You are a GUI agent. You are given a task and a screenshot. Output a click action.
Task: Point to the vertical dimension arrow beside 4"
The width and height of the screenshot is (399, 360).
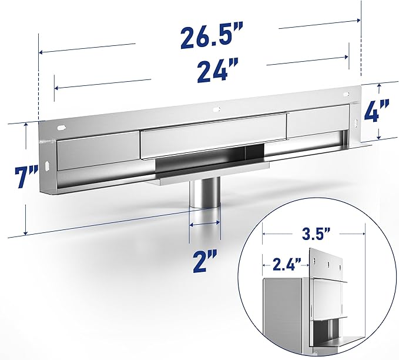379,112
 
